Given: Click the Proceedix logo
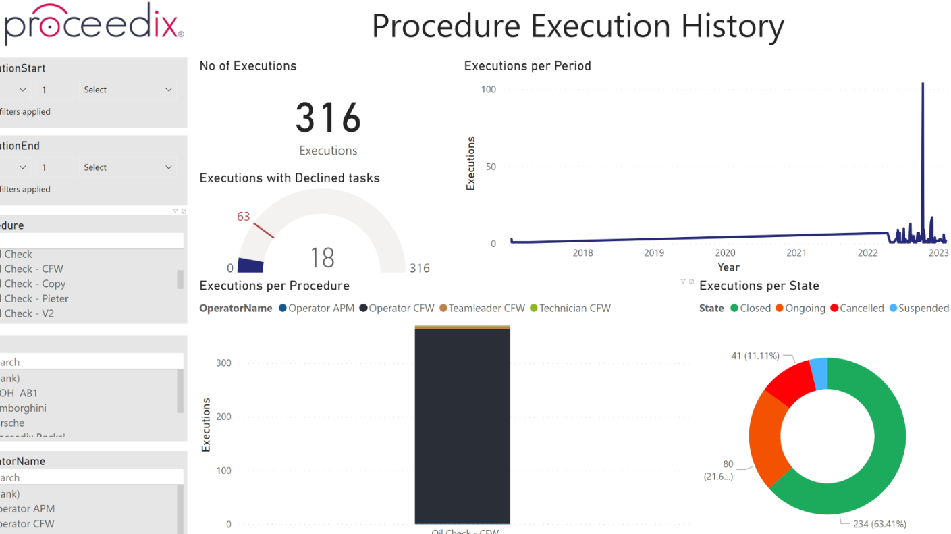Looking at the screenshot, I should tap(93, 22).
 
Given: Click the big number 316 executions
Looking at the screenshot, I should tap(328, 118).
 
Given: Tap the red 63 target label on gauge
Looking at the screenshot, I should tap(243, 217).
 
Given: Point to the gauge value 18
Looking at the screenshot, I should tap(322, 258).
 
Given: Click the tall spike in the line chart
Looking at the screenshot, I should tap(923, 135).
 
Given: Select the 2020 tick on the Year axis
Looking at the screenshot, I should tap(725, 253).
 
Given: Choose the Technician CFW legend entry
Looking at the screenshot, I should tap(574, 309).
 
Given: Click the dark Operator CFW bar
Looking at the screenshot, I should tap(462, 425).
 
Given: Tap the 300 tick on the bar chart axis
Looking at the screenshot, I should tap(223, 363).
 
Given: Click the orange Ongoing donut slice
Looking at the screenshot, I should tap(766, 435).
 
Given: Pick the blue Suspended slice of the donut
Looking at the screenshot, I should tap(819, 374).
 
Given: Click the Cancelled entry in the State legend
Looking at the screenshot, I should tap(861, 309).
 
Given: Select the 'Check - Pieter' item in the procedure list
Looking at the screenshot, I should tap(36, 299).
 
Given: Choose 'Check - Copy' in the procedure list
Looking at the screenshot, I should tap(35, 284).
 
